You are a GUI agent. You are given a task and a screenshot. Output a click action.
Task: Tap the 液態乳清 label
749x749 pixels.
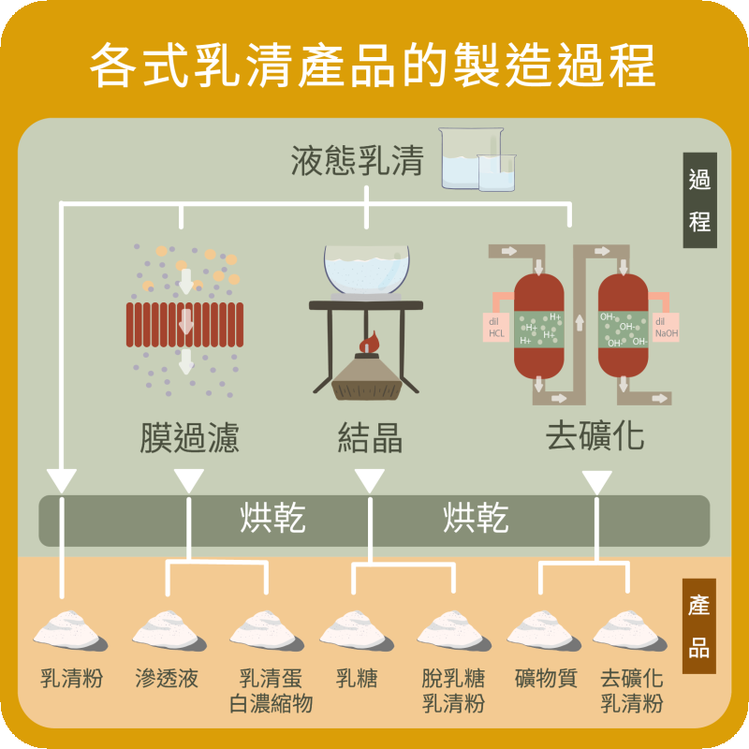[x=357, y=161]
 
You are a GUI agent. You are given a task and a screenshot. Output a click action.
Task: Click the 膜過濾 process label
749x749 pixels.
[x=189, y=437]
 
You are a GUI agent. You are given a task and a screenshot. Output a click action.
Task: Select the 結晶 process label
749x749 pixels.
[x=370, y=437]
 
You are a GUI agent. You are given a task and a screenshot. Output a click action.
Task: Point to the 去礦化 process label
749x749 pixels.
[x=595, y=437]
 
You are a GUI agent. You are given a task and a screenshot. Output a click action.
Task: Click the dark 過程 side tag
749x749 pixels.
[x=699, y=200]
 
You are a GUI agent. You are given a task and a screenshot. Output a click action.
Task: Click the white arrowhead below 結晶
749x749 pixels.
[x=369, y=481]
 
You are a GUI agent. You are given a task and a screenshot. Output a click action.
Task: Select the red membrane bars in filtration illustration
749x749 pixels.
[x=185, y=325]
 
